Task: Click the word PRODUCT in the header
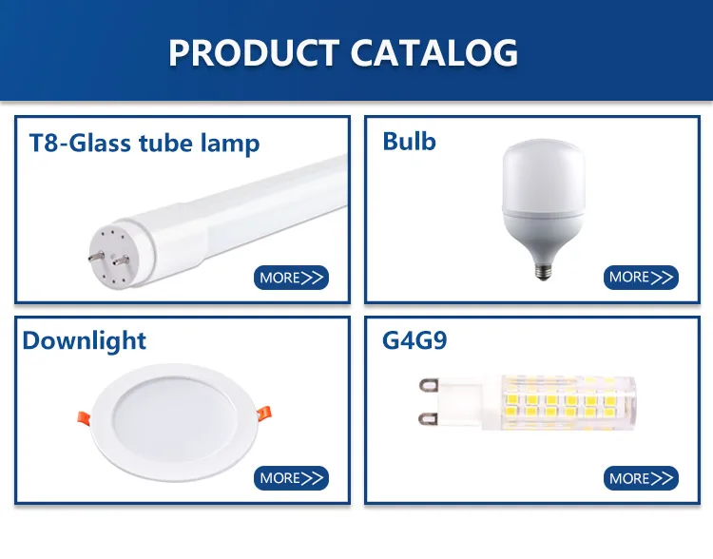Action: click(254, 52)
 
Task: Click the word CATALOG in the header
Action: click(434, 52)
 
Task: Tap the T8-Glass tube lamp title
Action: click(145, 143)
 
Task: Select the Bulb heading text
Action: click(409, 141)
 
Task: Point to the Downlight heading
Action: click(84, 341)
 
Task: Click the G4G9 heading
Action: click(414, 339)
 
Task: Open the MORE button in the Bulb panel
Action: click(641, 277)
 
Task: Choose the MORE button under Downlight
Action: click(291, 478)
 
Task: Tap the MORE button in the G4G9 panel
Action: click(641, 478)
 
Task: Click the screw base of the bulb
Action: click(544, 271)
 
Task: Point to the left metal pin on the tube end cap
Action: click(96, 257)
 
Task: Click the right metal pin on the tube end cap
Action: click(121, 260)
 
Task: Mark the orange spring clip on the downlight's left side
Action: click(84, 417)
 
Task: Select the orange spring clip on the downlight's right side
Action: click(264, 413)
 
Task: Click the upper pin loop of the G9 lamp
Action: click(429, 385)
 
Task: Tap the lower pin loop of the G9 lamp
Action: click(429, 418)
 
